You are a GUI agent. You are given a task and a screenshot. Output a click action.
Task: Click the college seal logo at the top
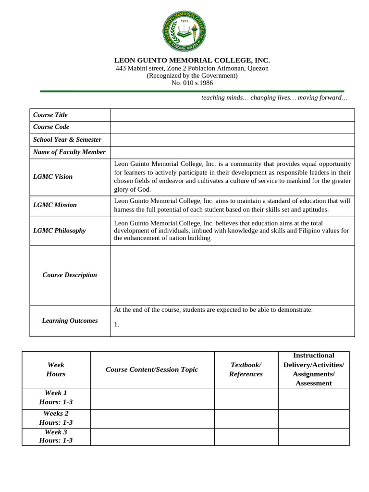184,31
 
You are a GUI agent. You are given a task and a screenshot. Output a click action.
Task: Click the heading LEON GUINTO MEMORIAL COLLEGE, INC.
192,61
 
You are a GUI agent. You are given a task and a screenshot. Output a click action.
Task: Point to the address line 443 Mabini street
192,68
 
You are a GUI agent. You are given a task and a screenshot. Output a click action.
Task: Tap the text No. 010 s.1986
192,83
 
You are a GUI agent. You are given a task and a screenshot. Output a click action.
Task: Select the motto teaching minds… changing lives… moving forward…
274,98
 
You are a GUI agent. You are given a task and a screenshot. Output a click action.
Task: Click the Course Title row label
50,115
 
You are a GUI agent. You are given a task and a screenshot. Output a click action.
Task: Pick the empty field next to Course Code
233,127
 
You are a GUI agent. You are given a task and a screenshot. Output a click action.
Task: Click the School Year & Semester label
67,140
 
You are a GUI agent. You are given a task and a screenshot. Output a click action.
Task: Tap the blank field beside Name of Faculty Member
233,152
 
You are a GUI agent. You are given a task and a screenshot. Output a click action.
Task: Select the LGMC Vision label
53,177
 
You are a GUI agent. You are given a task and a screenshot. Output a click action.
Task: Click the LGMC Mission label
55,205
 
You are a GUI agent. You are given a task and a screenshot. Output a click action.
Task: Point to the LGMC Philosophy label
59,231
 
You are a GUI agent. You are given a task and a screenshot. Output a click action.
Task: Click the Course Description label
70,275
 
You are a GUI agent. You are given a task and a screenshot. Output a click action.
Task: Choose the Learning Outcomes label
70,321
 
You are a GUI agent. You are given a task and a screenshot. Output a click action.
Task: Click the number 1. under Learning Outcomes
117,325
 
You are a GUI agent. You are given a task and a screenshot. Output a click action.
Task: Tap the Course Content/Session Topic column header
152,369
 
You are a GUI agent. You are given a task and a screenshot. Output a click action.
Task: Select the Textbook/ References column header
246,369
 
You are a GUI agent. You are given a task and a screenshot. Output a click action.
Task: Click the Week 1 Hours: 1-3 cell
56,397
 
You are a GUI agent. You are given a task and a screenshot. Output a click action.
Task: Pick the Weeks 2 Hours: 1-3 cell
56,418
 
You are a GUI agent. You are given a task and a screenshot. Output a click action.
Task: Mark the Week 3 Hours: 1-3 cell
56,436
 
